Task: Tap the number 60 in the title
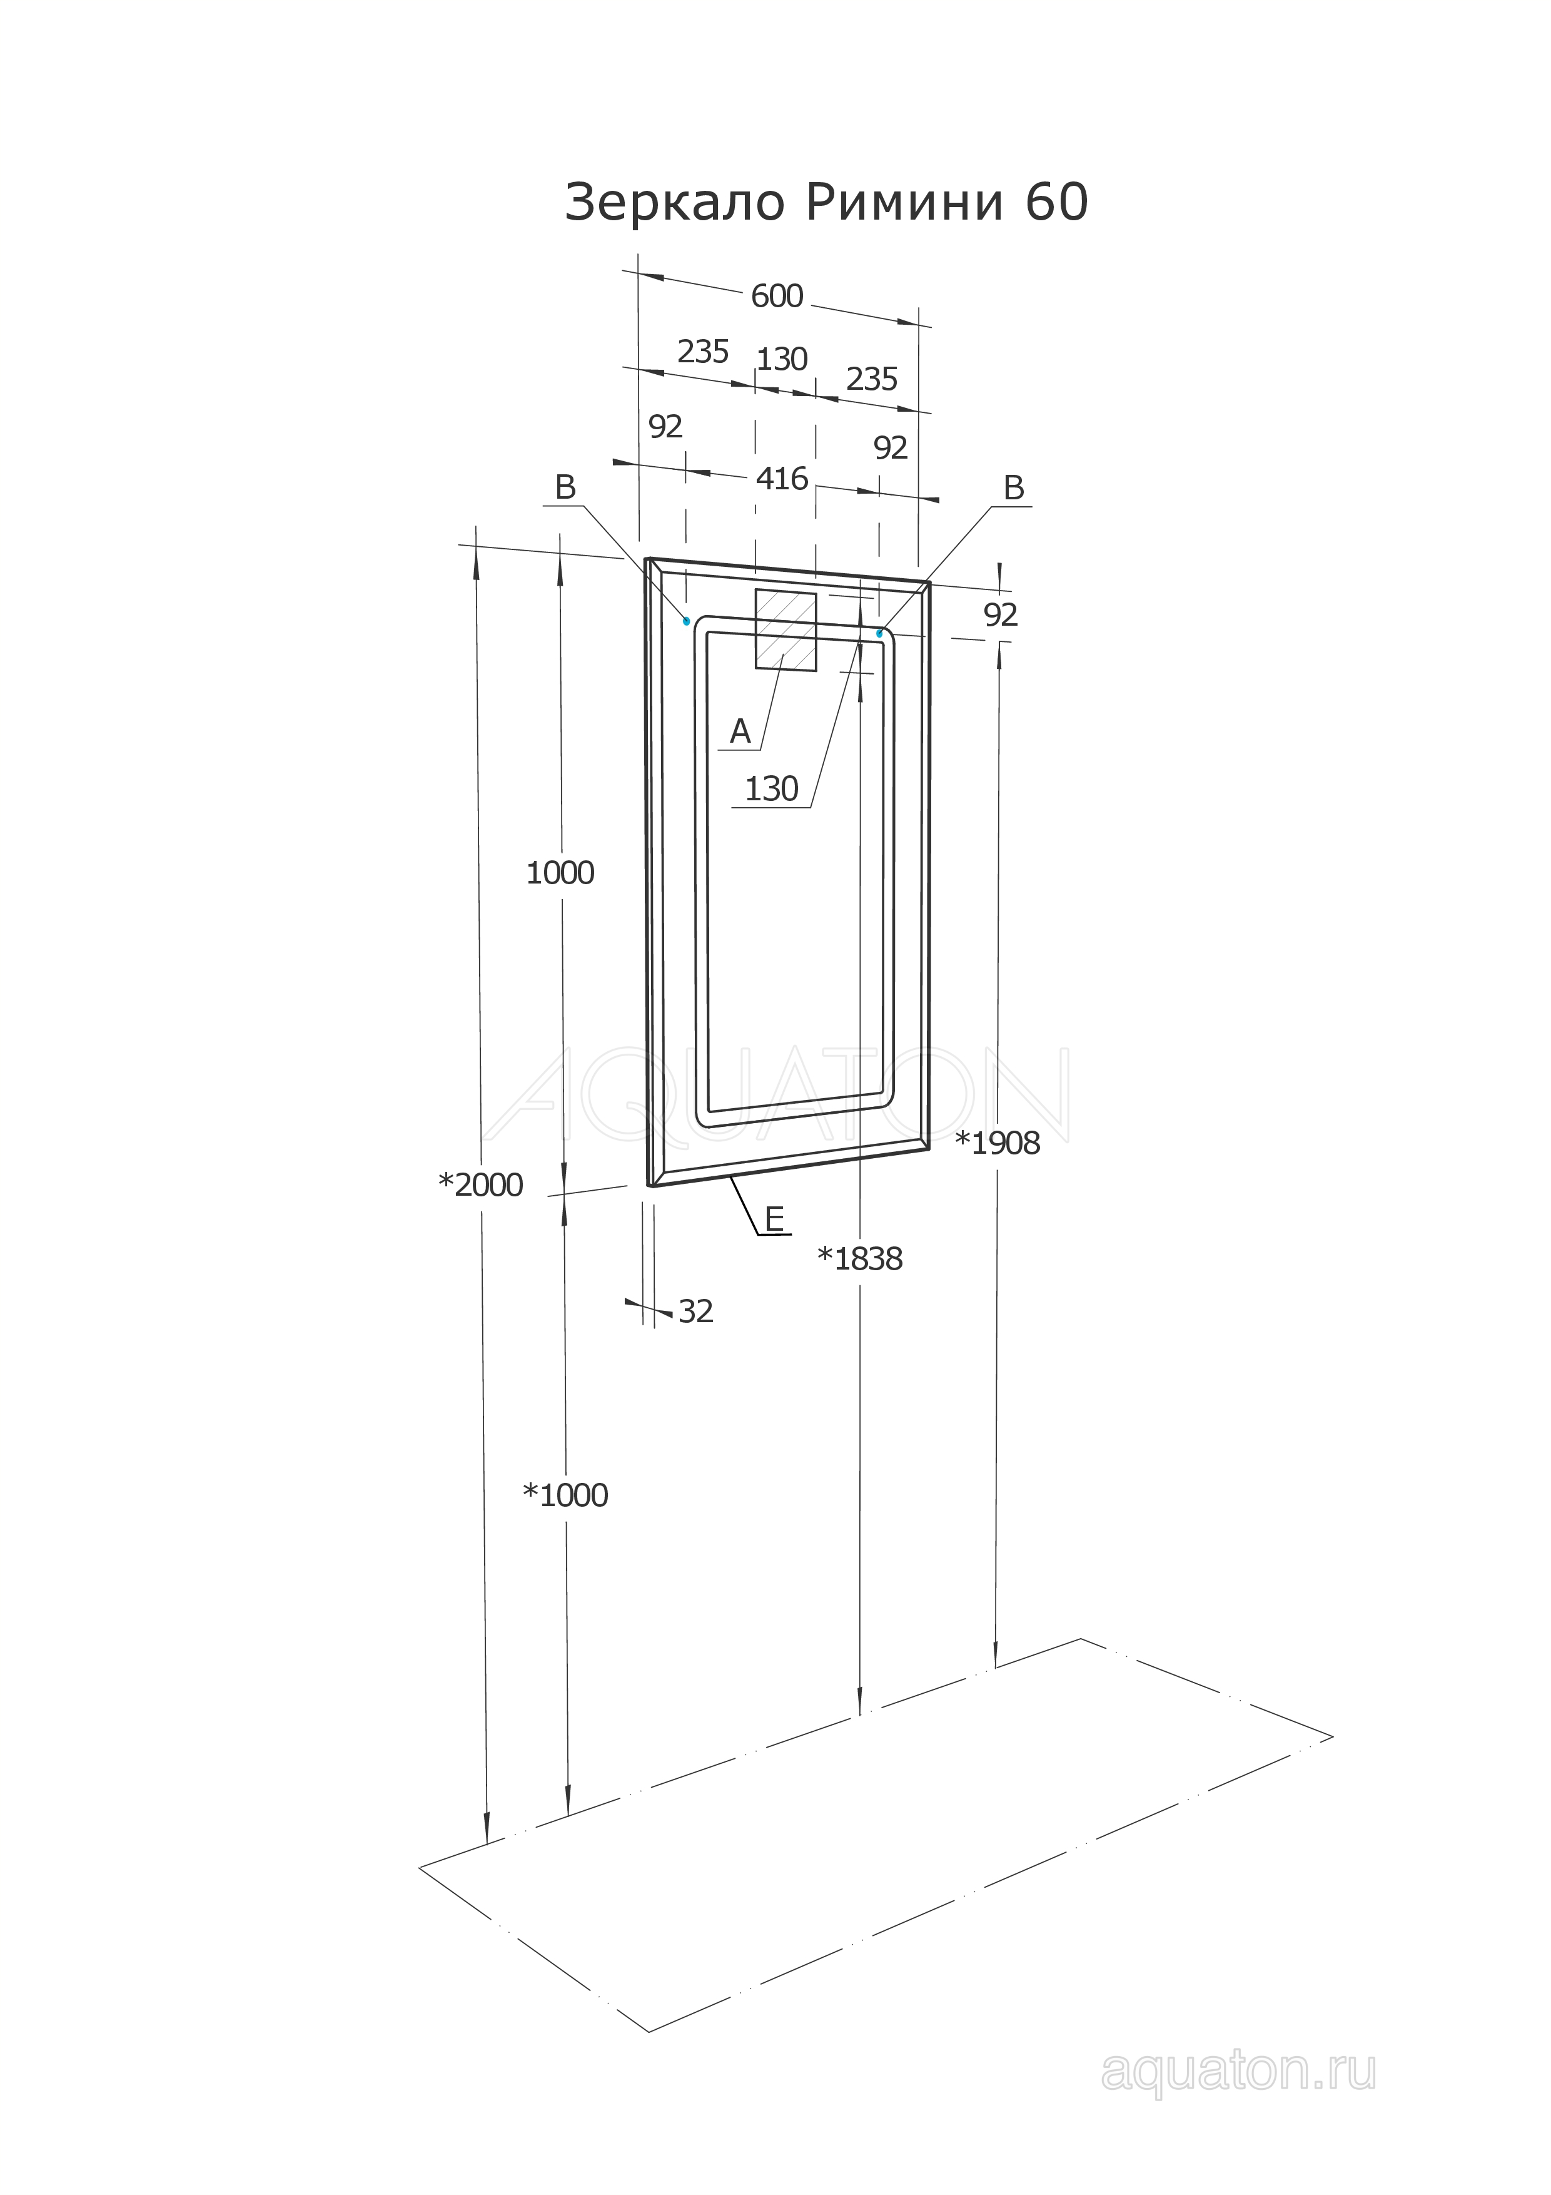(1057, 203)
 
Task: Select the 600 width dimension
(777, 297)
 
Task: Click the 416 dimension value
(782, 478)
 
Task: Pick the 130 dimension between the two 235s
(782, 359)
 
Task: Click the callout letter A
(740, 731)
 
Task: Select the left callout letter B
(566, 487)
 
